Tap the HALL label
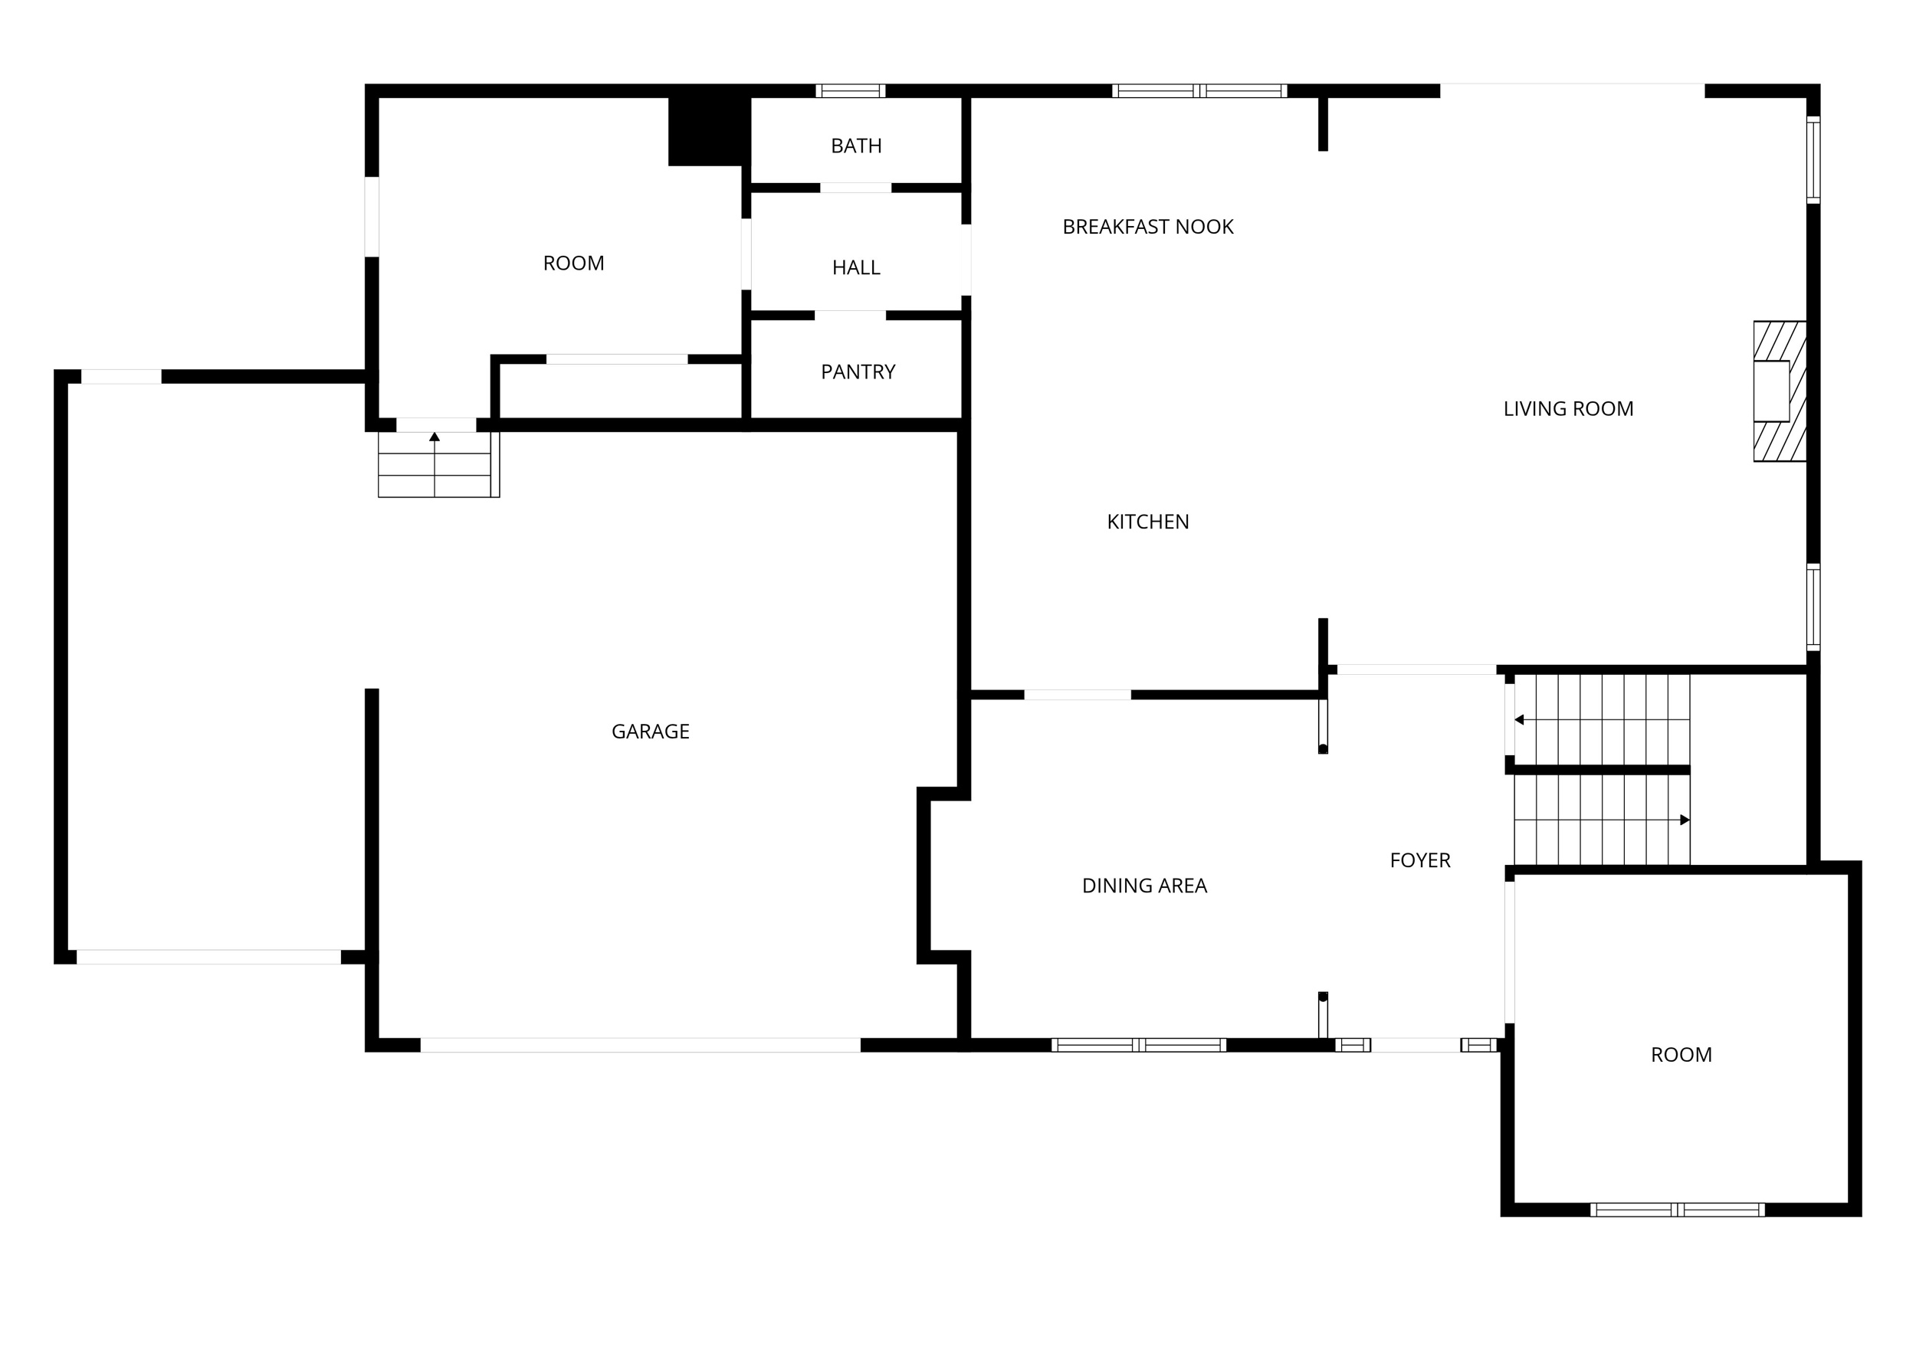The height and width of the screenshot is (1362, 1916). click(x=855, y=267)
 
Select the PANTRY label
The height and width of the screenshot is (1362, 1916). click(x=858, y=372)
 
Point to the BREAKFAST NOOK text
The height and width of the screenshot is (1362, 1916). click(x=1147, y=227)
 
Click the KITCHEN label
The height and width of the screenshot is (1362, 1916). click(x=1147, y=522)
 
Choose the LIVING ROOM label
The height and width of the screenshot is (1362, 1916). click(x=1568, y=408)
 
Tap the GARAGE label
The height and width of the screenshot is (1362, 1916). click(x=650, y=732)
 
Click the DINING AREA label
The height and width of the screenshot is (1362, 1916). click(x=1144, y=886)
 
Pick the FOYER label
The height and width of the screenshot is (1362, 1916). click(x=1419, y=859)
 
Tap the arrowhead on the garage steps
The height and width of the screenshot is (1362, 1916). click(x=435, y=437)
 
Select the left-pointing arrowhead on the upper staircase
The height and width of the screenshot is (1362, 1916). click(x=1519, y=719)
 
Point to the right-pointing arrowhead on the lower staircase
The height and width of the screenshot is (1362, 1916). click(x=1685, y=820)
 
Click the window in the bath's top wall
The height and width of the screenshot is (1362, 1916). click(x=851, y=90)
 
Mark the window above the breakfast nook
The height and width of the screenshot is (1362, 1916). click(x=1199, y=90)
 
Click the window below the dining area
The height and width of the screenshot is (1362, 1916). click(x=1138, y=1045)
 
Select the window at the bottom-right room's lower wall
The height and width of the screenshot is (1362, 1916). click(x=1677, y=1210)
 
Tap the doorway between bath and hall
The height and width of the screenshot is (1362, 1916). click(x=855, y=188)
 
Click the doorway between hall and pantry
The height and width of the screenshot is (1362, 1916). click(x=850, y=316)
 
